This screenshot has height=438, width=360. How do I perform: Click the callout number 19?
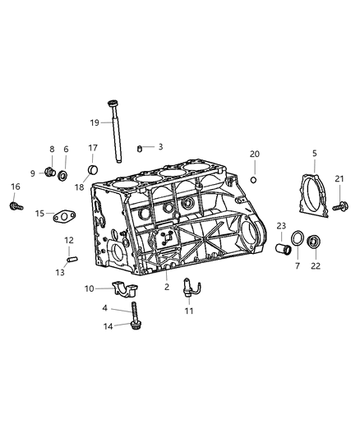click(x=95, y=122)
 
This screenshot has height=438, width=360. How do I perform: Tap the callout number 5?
click(x=314, y=153)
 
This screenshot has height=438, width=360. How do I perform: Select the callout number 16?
click(x=15, y=187)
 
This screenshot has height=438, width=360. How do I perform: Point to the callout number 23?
click(x=280, y=225)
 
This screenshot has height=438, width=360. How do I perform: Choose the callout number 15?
click(x=39, y=214)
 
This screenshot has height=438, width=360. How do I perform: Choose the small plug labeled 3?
click(x=141, y=147)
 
